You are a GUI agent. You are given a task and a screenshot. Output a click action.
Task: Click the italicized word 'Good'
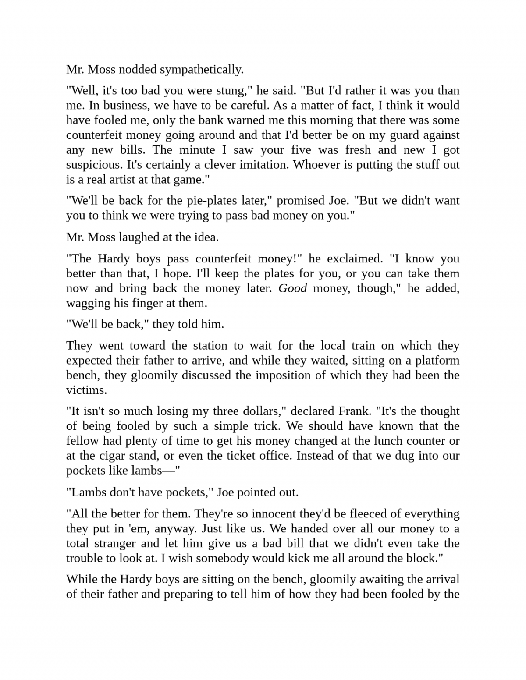pyautogui.click(x=292, y=289)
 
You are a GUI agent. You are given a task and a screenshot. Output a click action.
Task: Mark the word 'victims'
pyautogui.click(x=86, y=390)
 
